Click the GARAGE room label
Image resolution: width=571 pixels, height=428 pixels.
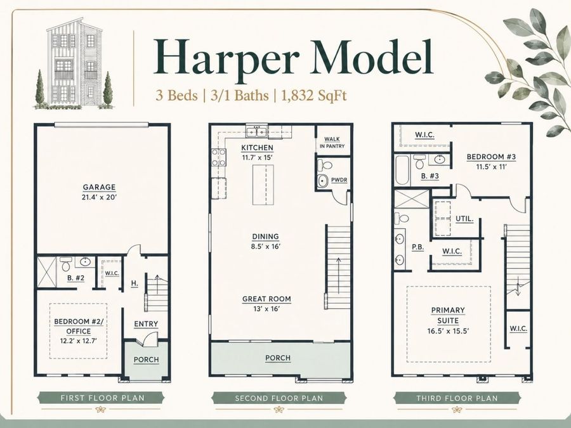[x=99, y=187]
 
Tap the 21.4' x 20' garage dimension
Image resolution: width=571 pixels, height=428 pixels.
[x=99, y=198]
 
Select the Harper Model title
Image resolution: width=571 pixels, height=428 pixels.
[x=294, y=58]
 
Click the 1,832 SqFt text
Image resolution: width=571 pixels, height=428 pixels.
[x=314, y=96]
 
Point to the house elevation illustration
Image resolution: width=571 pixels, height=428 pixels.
[x=74, y=63]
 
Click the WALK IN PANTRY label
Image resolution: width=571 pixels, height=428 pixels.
[x=332, y=143]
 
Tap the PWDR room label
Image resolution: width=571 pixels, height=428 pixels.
[x=339, y=180]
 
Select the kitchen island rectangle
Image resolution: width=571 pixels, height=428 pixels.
[x=263, y=185]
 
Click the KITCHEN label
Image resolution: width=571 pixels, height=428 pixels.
[x=257, y=148]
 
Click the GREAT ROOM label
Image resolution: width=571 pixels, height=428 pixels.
[x=266, y=299]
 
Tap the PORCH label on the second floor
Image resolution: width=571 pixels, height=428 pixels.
[x=278, y=358]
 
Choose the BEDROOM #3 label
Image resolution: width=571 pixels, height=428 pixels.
[x=491, y=157]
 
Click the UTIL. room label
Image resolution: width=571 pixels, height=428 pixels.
[x=464, y=219]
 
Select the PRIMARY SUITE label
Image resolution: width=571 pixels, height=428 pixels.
[x=448, y=316]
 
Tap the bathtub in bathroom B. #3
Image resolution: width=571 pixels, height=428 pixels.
[x=402, y=170]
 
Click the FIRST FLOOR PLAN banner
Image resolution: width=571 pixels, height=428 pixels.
[x=102, y=398]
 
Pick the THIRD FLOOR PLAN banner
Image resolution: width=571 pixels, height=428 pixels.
[x=457, y=398]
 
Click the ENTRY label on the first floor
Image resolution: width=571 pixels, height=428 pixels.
[x=146, y=324]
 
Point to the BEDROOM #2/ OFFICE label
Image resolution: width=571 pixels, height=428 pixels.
[x=79, y=327]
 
